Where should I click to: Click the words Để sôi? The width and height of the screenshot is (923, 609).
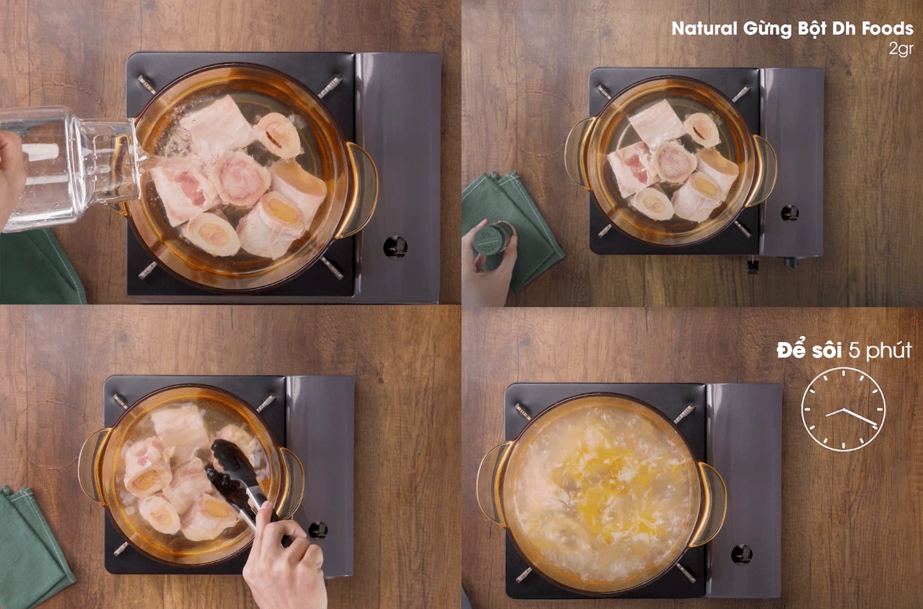tap(810, 350)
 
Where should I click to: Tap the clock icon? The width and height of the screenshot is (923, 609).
tap(844, 409)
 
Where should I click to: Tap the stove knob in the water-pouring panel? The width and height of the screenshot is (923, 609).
tap(395, 247)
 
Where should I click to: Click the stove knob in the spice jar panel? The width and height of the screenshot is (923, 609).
tap(790, 213)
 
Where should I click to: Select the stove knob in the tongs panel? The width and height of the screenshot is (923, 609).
tap(318, 530)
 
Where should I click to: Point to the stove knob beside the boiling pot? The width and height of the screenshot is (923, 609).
tap(742, 555)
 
